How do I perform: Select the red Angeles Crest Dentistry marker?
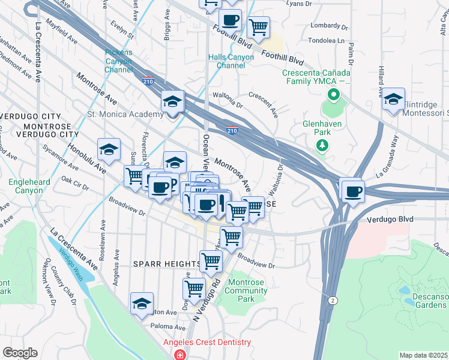(179, 355)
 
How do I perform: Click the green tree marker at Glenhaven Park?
(322, 145)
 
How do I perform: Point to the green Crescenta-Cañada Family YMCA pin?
(332, 95)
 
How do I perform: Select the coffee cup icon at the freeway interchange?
(352, 191)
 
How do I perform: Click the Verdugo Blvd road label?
(390, 220)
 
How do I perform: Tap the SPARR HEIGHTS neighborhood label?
(167, 264)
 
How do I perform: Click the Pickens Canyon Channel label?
(118, 61)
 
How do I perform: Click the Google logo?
(20, 353)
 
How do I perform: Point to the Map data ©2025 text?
(423, 355)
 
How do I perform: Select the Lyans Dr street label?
(298, 4)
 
